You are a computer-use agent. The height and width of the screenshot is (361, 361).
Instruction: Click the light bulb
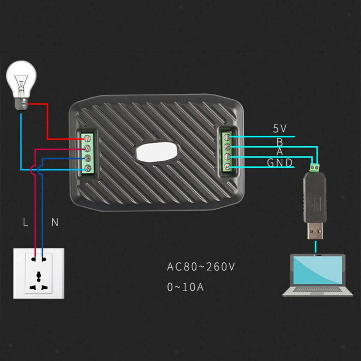[21, 86]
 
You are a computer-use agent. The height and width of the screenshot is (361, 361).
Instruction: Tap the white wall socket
[39, 273]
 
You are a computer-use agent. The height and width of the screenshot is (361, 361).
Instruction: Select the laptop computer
[318, 275]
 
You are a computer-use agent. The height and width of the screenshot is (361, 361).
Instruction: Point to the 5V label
[280, 128]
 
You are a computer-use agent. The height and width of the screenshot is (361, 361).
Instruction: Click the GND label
[280, 163]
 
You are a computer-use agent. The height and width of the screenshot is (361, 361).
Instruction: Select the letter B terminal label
[280, 142]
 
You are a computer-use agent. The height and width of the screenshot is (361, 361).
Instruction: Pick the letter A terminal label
[280, 152]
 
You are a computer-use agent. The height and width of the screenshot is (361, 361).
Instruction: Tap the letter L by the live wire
[25, 222]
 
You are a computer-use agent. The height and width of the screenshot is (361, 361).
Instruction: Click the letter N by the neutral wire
[55, 222]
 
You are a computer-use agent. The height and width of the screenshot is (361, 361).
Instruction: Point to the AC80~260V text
[201, 267]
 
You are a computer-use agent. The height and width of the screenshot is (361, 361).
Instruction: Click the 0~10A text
[185, 287]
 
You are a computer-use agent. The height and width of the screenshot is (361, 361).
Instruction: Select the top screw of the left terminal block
[87, 138]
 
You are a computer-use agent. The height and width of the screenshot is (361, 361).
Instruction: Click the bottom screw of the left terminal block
[88, 168]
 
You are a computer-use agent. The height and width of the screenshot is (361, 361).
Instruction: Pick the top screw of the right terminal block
[227, 137]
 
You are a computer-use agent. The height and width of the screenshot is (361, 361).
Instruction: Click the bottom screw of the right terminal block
[227, 166]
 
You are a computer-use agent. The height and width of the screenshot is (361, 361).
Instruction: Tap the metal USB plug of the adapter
[315, 231]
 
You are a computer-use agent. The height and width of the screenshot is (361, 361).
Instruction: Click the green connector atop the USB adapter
[315, 167]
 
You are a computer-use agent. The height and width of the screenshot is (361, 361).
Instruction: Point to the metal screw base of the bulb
[21, 105]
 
